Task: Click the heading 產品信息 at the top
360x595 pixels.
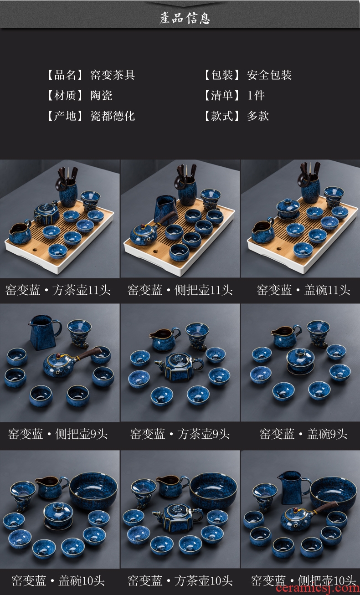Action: pos(185,18)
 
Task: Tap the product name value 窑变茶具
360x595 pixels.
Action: pos(113,75)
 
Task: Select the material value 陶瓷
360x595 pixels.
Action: pos(101,96)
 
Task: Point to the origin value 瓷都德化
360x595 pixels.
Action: pos(113,116)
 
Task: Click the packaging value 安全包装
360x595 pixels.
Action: pos(269,75)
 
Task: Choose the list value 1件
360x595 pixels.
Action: pos(256,96)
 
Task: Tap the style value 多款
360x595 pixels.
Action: pos(258,116)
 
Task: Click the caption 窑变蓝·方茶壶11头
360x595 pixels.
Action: pos(58,290)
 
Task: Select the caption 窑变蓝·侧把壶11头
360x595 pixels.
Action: pos(180,290)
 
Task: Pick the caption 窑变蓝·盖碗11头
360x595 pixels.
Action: pos(303,290)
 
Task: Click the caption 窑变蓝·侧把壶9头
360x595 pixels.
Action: pos(58,434)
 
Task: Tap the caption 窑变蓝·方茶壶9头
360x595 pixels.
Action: pos(180,434)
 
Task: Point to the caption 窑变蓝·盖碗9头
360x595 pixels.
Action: pos(303,434)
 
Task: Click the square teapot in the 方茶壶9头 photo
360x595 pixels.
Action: pos(179,367)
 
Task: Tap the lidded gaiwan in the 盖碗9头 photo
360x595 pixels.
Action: pos(300,361)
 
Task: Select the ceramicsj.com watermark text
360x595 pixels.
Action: pos(318,589)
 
